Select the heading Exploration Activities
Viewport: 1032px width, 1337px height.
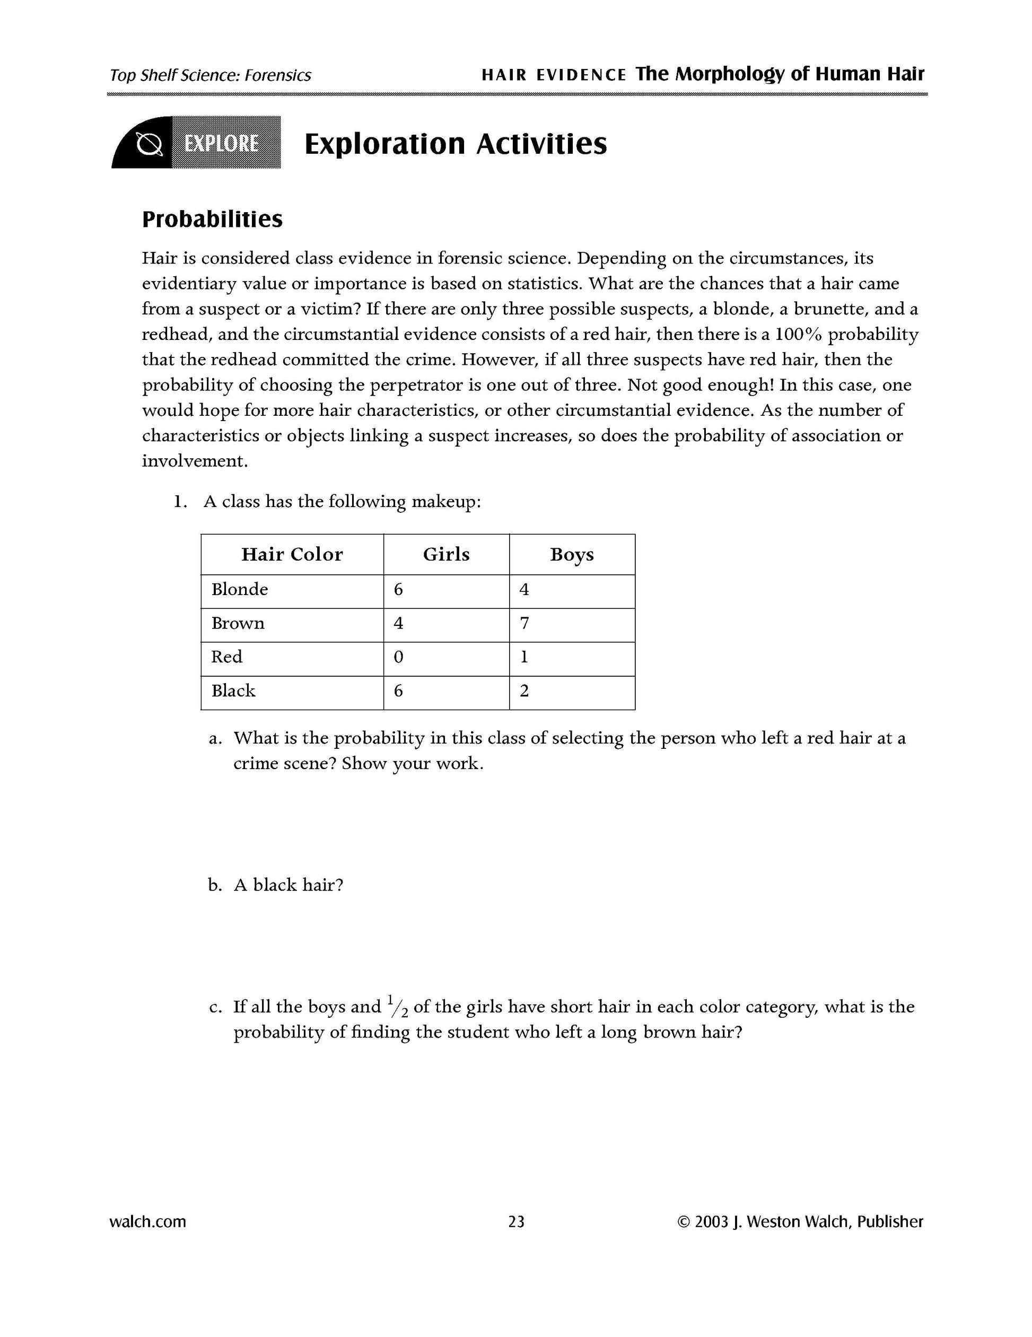coord(456,144)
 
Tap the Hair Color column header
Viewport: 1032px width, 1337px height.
coord(292,554)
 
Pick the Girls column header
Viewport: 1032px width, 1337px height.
coord(446,554)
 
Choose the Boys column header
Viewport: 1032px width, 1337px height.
coord(572,554)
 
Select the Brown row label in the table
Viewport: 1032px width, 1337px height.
coord(238,623)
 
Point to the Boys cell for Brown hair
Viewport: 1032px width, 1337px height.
coord(524,624)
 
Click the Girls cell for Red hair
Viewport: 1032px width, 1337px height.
coord(398,658)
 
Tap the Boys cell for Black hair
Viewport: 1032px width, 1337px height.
coord(524,691)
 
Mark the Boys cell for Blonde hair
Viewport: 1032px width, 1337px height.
coord(524,590)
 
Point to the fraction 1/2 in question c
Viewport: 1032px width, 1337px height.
coord(398,1007)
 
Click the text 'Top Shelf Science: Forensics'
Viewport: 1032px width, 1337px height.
coord(211,75)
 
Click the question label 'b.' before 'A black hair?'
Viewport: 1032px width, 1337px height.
coord(214,885)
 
